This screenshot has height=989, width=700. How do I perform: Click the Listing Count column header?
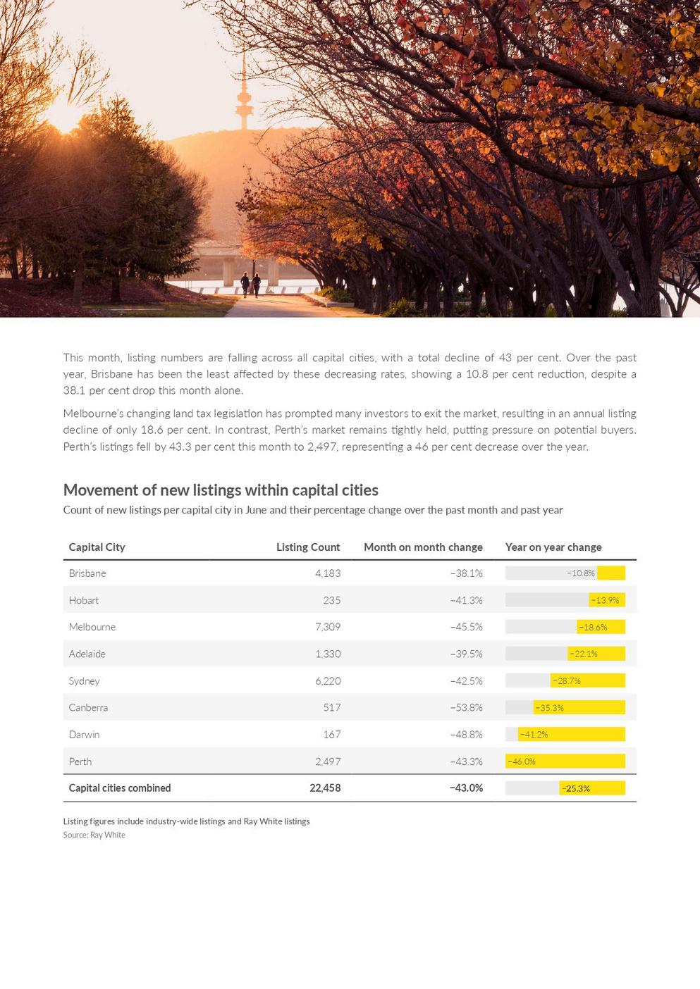pyautogui.click(x=307, y=547)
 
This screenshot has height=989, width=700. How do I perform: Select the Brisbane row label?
pyautogui.click(x=87, y=573)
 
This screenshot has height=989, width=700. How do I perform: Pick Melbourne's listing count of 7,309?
pyautogui.click(x=328, y=627)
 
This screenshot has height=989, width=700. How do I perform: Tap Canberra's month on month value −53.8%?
pyautogui.click(x=466, y=707)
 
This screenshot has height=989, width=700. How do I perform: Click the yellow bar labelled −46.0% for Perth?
pyautogui.click(x=565, y=761)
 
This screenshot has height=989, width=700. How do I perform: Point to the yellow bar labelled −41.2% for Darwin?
pyautogui.click(x=571, y=735)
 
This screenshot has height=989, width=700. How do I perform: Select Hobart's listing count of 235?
pyautogui.click(x=331, y=600)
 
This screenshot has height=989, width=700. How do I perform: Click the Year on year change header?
pyautogui.click(x=553, y=547)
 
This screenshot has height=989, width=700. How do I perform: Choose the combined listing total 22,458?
pyautogui.click(x=325, y=788)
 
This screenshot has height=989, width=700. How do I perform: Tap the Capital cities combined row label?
pyautogui.click(x=120, y=788)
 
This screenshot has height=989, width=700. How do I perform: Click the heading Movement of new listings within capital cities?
pyautogui.click(x=221, y=490)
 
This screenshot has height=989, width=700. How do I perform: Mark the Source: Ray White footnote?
pyautogui.click(x=94, y=835)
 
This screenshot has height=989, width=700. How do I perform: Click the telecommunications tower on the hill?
pyautogui.click(x=245, y=99)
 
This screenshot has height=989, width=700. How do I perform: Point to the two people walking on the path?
pyautogui.click(x=250, y=284)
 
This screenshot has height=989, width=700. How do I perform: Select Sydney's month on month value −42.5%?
pyautogui.click(x=466, y=681)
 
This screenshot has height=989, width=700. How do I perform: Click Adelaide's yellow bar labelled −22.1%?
pyautogui.click(x=596, y=654)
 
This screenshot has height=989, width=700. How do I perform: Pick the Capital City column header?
pyautogui.click(x=97, y=547)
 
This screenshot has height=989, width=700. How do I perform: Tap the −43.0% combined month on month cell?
pyautogui.click(x=466, y=788)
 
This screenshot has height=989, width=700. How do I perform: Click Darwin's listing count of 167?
pyautogui.click(x=331, y=735)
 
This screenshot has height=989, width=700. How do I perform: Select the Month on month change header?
pyautogui.click(x=423, y=547)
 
